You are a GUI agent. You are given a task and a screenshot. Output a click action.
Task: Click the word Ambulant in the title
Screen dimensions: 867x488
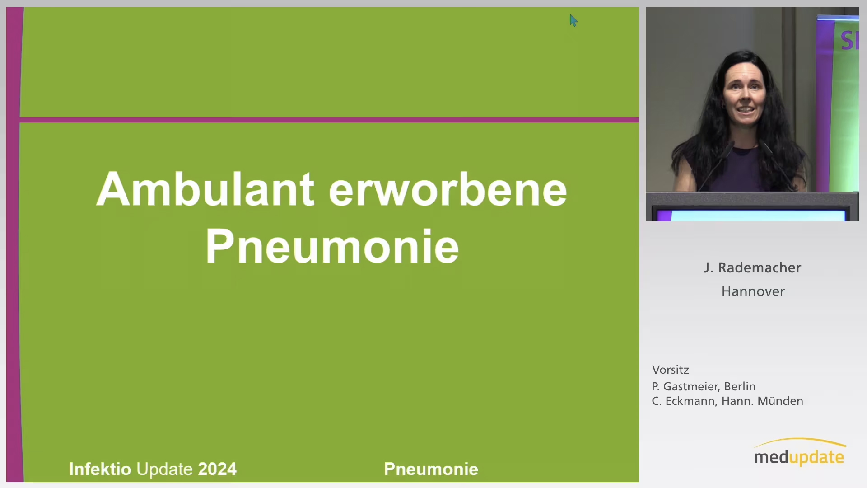point(205,189)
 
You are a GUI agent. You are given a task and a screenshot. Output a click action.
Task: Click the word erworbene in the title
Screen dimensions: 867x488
point(447,189)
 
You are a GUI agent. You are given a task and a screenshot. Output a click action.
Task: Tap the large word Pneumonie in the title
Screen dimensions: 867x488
point(332,247)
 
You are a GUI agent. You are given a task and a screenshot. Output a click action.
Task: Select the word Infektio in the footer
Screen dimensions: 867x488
point(100,469)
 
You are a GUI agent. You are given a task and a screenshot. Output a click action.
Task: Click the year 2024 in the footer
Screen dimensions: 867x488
point(217,469)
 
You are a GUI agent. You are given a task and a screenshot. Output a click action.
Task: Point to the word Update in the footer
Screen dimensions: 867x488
point(164,469)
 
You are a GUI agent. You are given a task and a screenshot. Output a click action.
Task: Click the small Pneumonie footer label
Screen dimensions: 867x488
point(431,469)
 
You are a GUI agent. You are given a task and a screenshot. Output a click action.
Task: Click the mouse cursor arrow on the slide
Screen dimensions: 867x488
point(573,20)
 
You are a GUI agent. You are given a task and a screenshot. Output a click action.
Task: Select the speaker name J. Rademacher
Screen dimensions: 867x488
point(752,267)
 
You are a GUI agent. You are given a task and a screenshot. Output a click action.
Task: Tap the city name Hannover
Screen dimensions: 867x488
point(753,291)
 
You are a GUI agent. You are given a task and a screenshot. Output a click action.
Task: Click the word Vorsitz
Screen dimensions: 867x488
point(671,370)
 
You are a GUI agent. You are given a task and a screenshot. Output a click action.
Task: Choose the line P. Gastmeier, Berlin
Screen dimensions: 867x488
point(704,386)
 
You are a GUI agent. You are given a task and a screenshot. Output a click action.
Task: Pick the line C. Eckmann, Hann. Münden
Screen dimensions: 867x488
point(727,401)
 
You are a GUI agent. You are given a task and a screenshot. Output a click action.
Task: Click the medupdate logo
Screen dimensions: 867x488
point(799,452)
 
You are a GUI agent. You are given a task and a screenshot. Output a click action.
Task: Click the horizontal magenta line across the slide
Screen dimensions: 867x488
point(329,120)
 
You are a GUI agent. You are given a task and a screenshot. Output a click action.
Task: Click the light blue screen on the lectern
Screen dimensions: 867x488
point(758,216)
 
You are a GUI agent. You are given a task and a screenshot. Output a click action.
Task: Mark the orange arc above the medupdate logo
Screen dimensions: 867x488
point(800,442)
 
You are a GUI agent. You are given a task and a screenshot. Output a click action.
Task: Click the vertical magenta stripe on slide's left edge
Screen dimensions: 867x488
point(14,244)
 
